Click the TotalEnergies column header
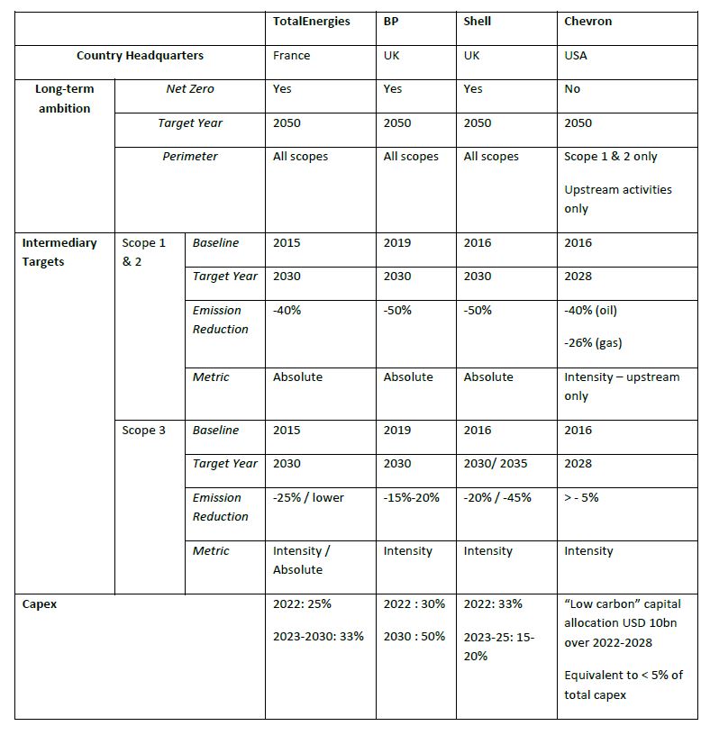[x=312, y=22]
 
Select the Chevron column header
[x=587, y=22]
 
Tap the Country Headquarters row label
[x=140, y=56]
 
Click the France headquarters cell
[x=291, y=56]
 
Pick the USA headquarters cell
[x=575, y=56]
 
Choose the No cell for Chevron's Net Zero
[x=572, y=89]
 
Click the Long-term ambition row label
[x=64, y=99]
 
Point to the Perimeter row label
[x=189, y=157]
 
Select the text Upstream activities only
[x=617, y=199]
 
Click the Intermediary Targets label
[x=59, y=252]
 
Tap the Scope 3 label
[x=144, y=431]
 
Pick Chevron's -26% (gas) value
[x=592, y=343]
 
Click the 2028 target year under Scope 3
[x=578, y=464]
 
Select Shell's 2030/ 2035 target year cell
[x=496, y=464]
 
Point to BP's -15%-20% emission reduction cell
[x=412, y=497]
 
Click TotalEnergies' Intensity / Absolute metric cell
[x=301, y=560]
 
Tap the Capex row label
[x=40, y=604]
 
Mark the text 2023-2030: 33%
[x=318, y=637]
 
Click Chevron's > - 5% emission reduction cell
[x=581, y=497]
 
